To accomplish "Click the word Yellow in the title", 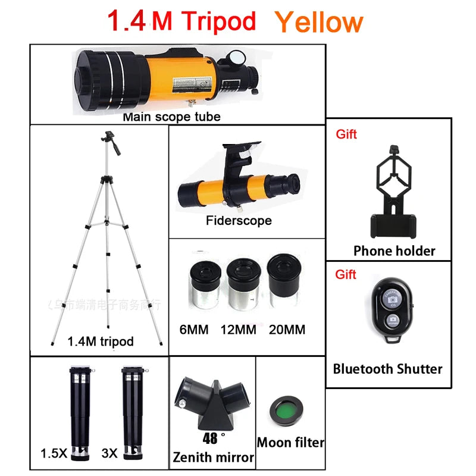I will click(318, 21).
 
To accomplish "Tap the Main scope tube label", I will click(171, 117).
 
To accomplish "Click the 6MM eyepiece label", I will click(194, 329).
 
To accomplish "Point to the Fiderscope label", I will click(239, 221).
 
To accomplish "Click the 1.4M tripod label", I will click(101, 342).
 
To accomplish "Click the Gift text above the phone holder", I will click(346, 134).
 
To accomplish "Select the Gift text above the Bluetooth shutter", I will click(346, 274).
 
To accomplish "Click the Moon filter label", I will click(290, 443).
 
